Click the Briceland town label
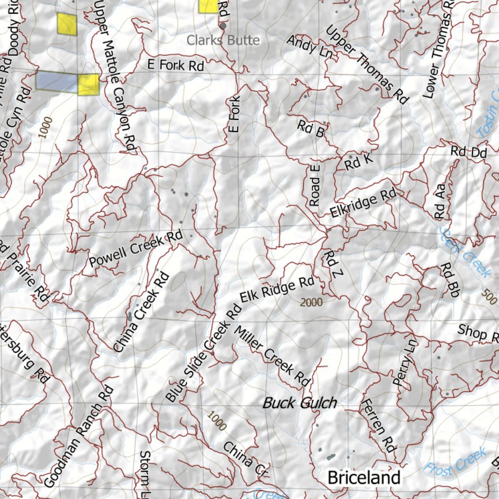point(364,477)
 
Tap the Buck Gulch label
point(300,403)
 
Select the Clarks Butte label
point(223,40)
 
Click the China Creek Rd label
point(141,312)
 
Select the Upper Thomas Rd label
point(366,65)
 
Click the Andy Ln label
point(309,47)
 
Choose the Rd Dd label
point(468,152)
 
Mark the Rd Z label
point(331,265)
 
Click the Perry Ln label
point(405,363)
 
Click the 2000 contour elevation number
point(311,303)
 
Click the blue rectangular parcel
point(57,81)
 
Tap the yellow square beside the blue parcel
point(88,85)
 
